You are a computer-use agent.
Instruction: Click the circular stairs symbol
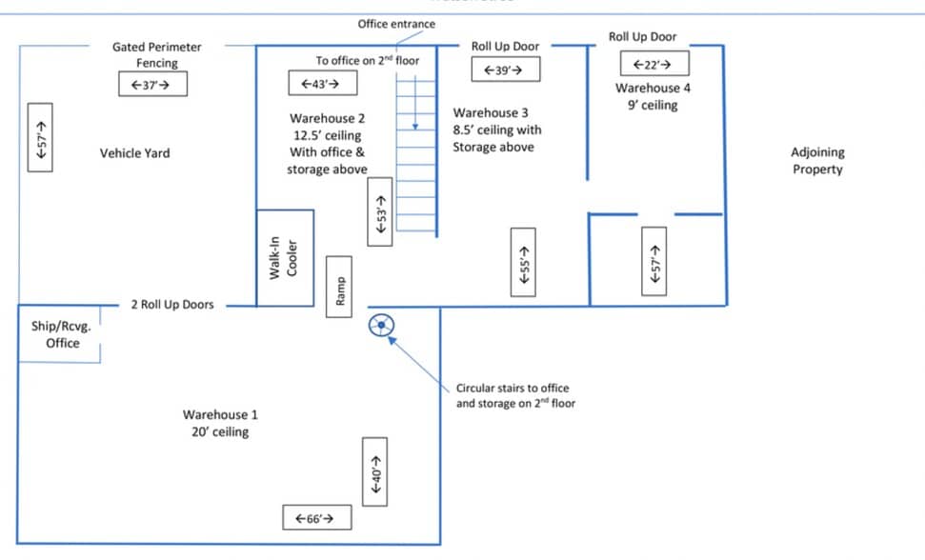[x=381, y=325]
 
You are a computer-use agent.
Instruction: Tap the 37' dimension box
[x=152, y=84]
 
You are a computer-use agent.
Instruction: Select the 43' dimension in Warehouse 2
[x=323, y=83]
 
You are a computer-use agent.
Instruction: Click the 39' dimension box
[x=506, y=70]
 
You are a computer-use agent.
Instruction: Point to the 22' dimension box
[x=654, y=64]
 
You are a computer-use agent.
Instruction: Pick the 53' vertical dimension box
[x=380, y=211]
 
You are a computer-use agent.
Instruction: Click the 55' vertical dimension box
[x=523, y=262]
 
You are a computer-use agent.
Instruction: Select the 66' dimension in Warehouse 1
[x=317, y=517]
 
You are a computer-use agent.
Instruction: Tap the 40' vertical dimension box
[x=374, y=471]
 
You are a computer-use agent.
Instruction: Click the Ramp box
[x=339, y=287]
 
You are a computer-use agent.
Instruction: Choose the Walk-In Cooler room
[x=285, y=257]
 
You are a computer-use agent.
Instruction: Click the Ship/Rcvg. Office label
[x=61, y=334]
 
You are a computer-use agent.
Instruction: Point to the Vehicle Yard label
[x=134, y=153]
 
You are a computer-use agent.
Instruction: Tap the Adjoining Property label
[x=817, y=161]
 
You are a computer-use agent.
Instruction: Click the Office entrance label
[x=396, y=24]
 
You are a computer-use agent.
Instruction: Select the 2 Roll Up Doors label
[x=172, y=305]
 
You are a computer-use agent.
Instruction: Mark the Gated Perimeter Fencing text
[x=157, y=55]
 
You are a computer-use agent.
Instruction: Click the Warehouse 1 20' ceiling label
[x=220, y=423]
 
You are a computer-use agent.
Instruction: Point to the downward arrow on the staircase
[x=415, y=103]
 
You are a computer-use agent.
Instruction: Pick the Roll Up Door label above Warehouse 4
[x=642, y=36]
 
